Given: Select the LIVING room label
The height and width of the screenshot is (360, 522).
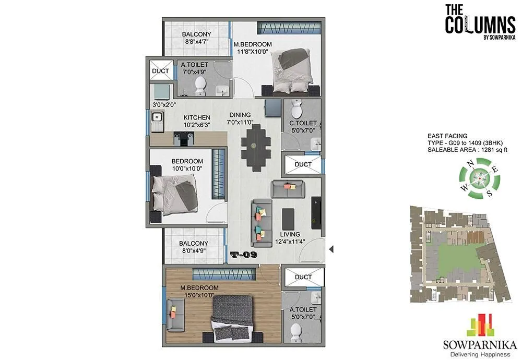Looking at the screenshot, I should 289,235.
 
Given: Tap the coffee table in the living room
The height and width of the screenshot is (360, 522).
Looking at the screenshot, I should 288,220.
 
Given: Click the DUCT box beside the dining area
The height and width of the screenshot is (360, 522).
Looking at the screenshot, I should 303,165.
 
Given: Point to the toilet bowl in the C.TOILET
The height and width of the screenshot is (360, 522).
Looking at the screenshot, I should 296,109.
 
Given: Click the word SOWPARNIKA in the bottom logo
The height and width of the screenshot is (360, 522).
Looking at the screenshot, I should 479,344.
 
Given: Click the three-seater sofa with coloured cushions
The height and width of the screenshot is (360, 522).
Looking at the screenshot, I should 259,222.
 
